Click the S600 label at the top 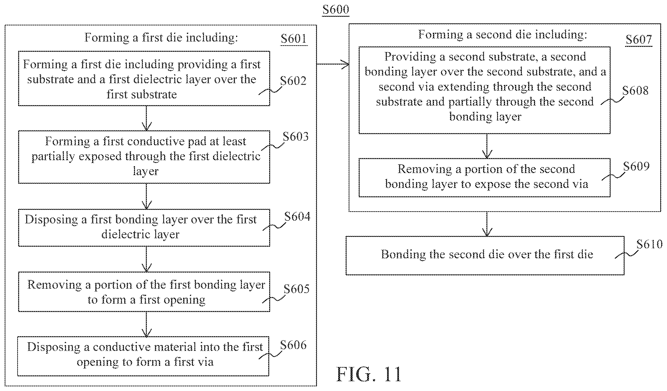(x=336, y=10)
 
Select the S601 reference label (x=294, y=39)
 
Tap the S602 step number (x=293, y=81)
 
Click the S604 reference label (x=297, y=217)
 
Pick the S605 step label (x=296, y=289)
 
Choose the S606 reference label (x=293, y=345)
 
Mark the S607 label (x=639, y=39)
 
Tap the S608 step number (x=635, y=90)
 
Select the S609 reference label (x=636, y=166)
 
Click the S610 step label (x=650, y=244)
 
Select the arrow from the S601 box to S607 (x=333, y=64)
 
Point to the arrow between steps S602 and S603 (x=146, y=118)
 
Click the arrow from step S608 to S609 (x=487, y=146)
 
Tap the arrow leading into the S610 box (x=487, y=224)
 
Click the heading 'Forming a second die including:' (x=502, y=35)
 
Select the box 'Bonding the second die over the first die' (x=485, y=256)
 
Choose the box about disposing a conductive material (x=143, y=356)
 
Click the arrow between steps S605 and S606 (x=146, y=324)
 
